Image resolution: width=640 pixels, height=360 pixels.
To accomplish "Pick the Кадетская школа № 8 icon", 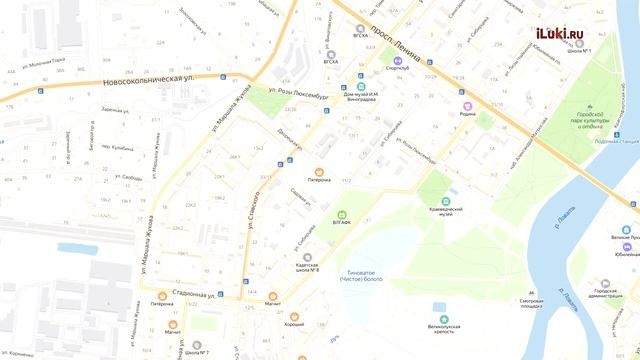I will point(307,257).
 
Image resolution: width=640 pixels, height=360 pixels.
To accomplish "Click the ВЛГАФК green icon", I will point(341,214).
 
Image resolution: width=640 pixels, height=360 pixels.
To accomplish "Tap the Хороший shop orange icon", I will point(295,316).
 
